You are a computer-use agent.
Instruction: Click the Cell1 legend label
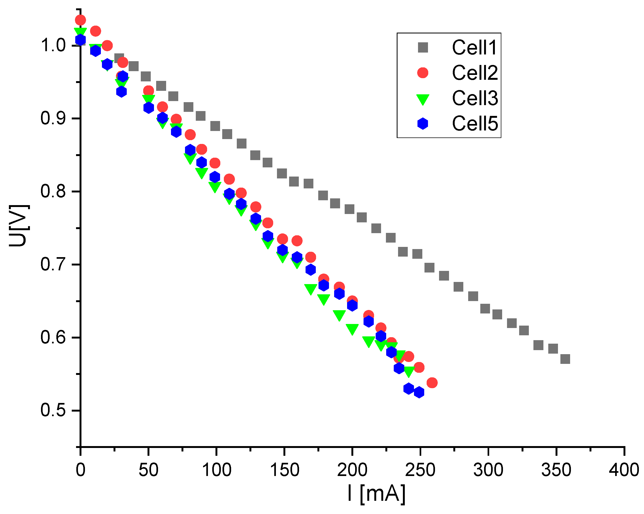pyautogui.click(x=474, y=47)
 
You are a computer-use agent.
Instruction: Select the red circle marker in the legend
pyautogui.click(x=423, y=73)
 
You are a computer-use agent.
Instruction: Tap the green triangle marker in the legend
pyautogui.click(x=423, y=99)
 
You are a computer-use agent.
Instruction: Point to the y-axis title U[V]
pyautogui.click(x=19, y=226)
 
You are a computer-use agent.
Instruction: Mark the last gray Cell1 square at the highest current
pyautogui.click(x=565, y=359)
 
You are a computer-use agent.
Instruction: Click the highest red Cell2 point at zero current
pyautogui.click(x=80, y=20)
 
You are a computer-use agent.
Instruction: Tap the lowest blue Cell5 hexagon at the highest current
pyautogui.click(x=419, y=392)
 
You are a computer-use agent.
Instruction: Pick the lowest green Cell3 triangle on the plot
pyautogui.click(x=409, y=371)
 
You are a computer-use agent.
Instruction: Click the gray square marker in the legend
pyautogui.click(x=423, y=47)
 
